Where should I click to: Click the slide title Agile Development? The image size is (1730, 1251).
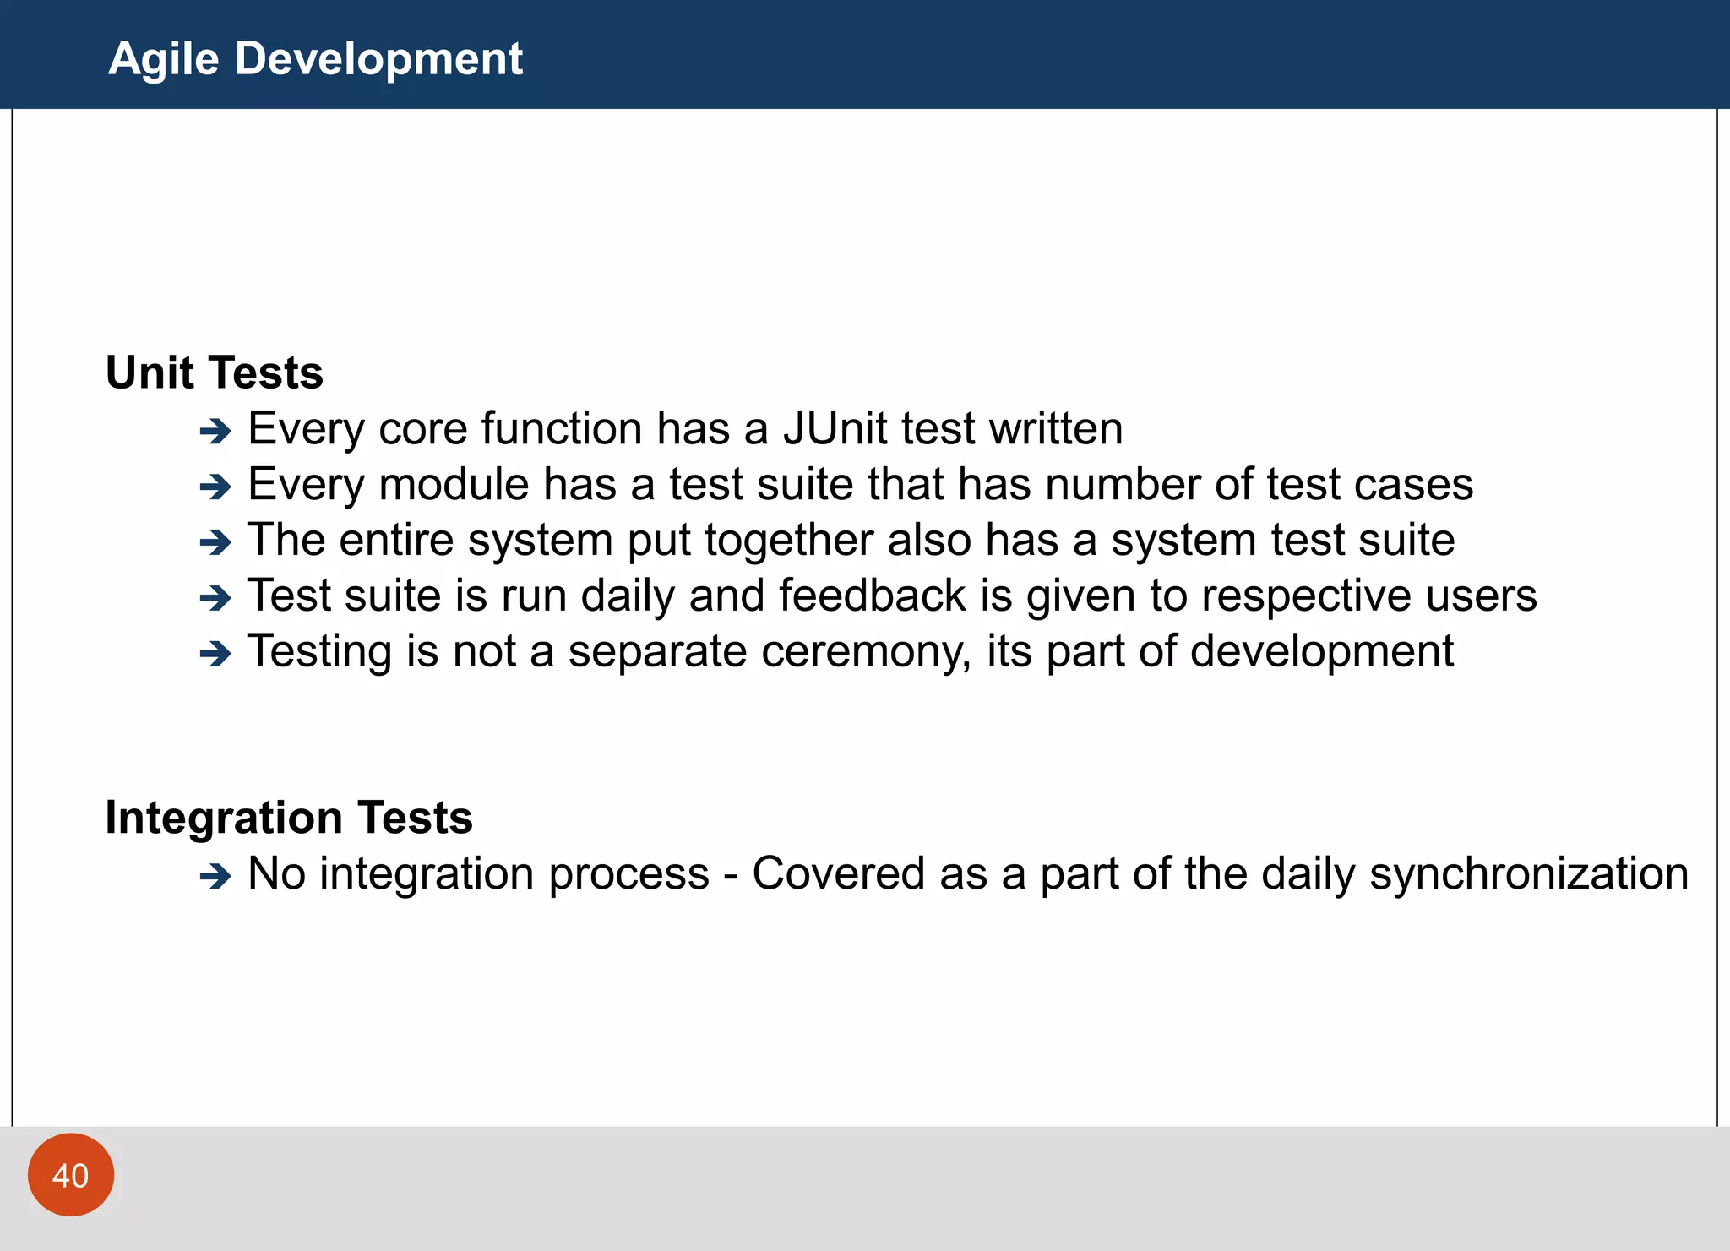pos(315,59)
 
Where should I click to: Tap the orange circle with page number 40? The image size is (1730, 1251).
pos(71,1175)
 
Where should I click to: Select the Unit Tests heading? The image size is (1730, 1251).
pos(215,373)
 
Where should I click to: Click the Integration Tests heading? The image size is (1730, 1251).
pos(289,818)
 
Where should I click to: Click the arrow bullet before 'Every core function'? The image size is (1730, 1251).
pos(215,432)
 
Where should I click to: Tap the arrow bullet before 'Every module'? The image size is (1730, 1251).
pos(215,487)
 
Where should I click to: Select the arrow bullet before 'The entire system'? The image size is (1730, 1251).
pos(215,542)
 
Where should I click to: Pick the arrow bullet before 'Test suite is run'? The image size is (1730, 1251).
pos(215,598)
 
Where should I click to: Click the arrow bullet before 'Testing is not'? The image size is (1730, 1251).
pos(215,654)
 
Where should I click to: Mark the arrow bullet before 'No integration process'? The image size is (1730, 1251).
pos(215,876)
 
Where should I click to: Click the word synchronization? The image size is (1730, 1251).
pos(1529,874)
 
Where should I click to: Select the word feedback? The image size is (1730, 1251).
pos(873,596)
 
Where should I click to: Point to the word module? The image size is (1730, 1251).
pos(454,485)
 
